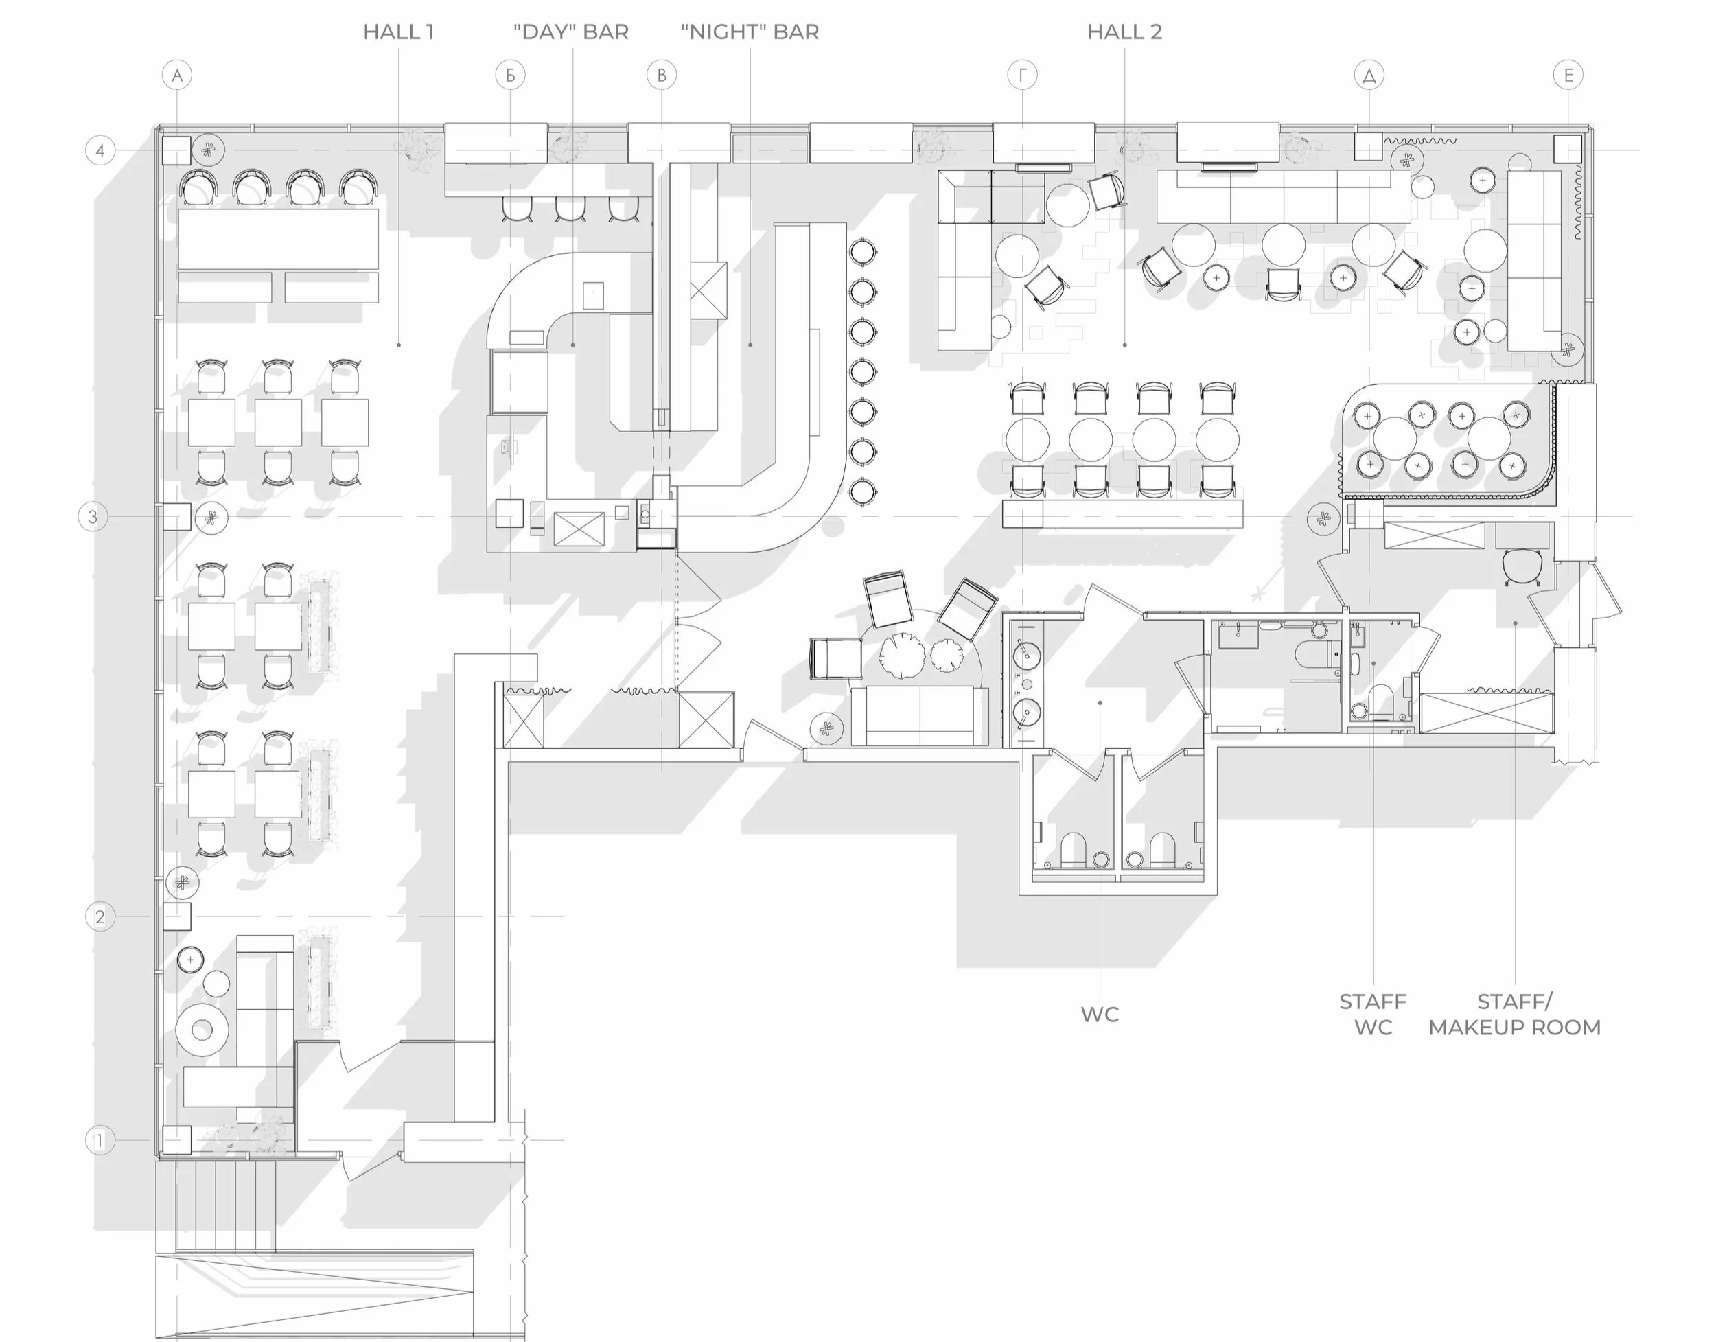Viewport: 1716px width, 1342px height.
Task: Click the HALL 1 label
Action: (x=398, y=32)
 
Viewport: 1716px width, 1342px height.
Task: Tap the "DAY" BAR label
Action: (x=571, y=32)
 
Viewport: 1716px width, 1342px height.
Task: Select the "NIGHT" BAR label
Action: (x=750, y=32)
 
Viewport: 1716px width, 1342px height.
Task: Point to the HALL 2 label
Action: (x=1124, y=32)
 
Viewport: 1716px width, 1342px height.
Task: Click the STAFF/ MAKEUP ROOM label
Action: (x=1514, y=1015)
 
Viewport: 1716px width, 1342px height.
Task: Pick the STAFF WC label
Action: (x=1373, y=1015)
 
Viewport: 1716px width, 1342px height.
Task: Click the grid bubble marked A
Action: (x=177, y=76)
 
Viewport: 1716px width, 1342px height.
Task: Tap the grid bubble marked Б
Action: (x=511, y=76)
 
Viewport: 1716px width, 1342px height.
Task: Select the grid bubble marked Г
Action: (x=1022, y=76)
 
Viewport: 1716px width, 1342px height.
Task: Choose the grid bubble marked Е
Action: (x=1568, y=76)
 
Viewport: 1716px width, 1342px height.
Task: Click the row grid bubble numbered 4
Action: (x=100, y=150)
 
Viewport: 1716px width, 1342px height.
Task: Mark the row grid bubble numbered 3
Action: (x=93, y=517)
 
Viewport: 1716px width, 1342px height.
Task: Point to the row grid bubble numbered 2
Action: (x=100, y=916)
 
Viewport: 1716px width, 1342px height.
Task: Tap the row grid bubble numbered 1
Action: (x=100, y=1140)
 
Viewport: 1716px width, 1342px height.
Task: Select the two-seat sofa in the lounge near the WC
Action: (x=919, y=715)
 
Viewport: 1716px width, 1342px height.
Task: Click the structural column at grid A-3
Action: (x=177, y=517)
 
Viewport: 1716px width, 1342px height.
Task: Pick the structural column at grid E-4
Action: (x=1568, y=148)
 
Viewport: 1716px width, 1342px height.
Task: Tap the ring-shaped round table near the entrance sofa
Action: (x=202, y=1029)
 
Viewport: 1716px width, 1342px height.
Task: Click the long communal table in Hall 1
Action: (x=278, y=239)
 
